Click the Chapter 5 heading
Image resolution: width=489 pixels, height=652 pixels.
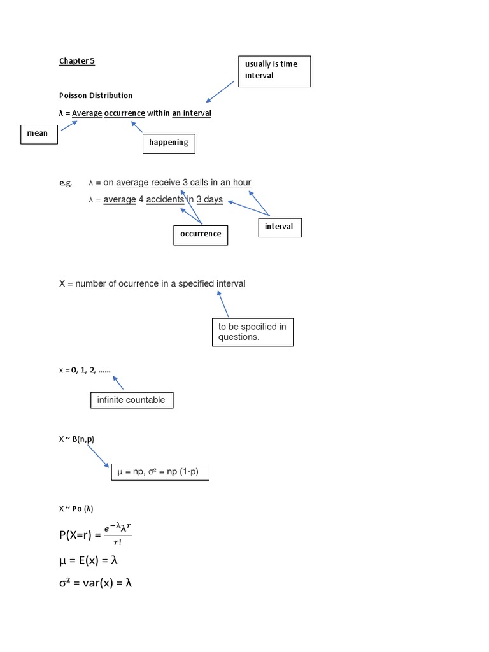pyautogui.click(x=76, y=61)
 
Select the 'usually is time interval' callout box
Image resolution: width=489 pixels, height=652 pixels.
pyautogui.click(x=274, y=71)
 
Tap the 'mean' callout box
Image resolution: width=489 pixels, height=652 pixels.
pyautogui.click(x=38, y=134)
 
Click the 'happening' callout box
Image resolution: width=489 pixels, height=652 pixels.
pyautogui.click(x=168, y=143)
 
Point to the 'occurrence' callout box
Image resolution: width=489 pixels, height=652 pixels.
pyautogui.click(x=201, y=234)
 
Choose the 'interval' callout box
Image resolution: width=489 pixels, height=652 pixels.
pyautogui.click(x=280, y=227)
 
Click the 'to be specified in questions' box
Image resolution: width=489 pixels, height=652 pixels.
pyautogui.click(x=252, y=332)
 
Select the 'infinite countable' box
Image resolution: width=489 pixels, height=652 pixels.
pyautogui.click(x=131, y=400)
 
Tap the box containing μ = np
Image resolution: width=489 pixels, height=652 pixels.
pyautogui.click(x=160, y=472)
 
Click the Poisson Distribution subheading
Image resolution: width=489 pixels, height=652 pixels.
pyautogui.click(x=96, y=96)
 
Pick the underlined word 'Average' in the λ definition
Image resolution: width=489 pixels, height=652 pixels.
pyautogui.click(x=87, y=113)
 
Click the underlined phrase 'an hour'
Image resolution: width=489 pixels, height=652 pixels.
pyautogui.click(x=236, y=183)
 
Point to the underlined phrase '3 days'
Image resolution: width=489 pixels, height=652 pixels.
pyautogui.click(x=209, y=200)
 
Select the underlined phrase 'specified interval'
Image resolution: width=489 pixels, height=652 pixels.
pyautogui.click(x=211, y=284)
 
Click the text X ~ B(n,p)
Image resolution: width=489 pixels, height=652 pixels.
pyautogui.click(x=76, y=439)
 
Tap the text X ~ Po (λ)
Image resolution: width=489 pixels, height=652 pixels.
pyautogui.click(x=76, y=509)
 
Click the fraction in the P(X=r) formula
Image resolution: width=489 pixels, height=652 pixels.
pyautogui.click(x=118, y=534)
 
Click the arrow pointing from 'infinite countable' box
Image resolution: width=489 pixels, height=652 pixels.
pyautogui.click(x=117, y=382)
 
